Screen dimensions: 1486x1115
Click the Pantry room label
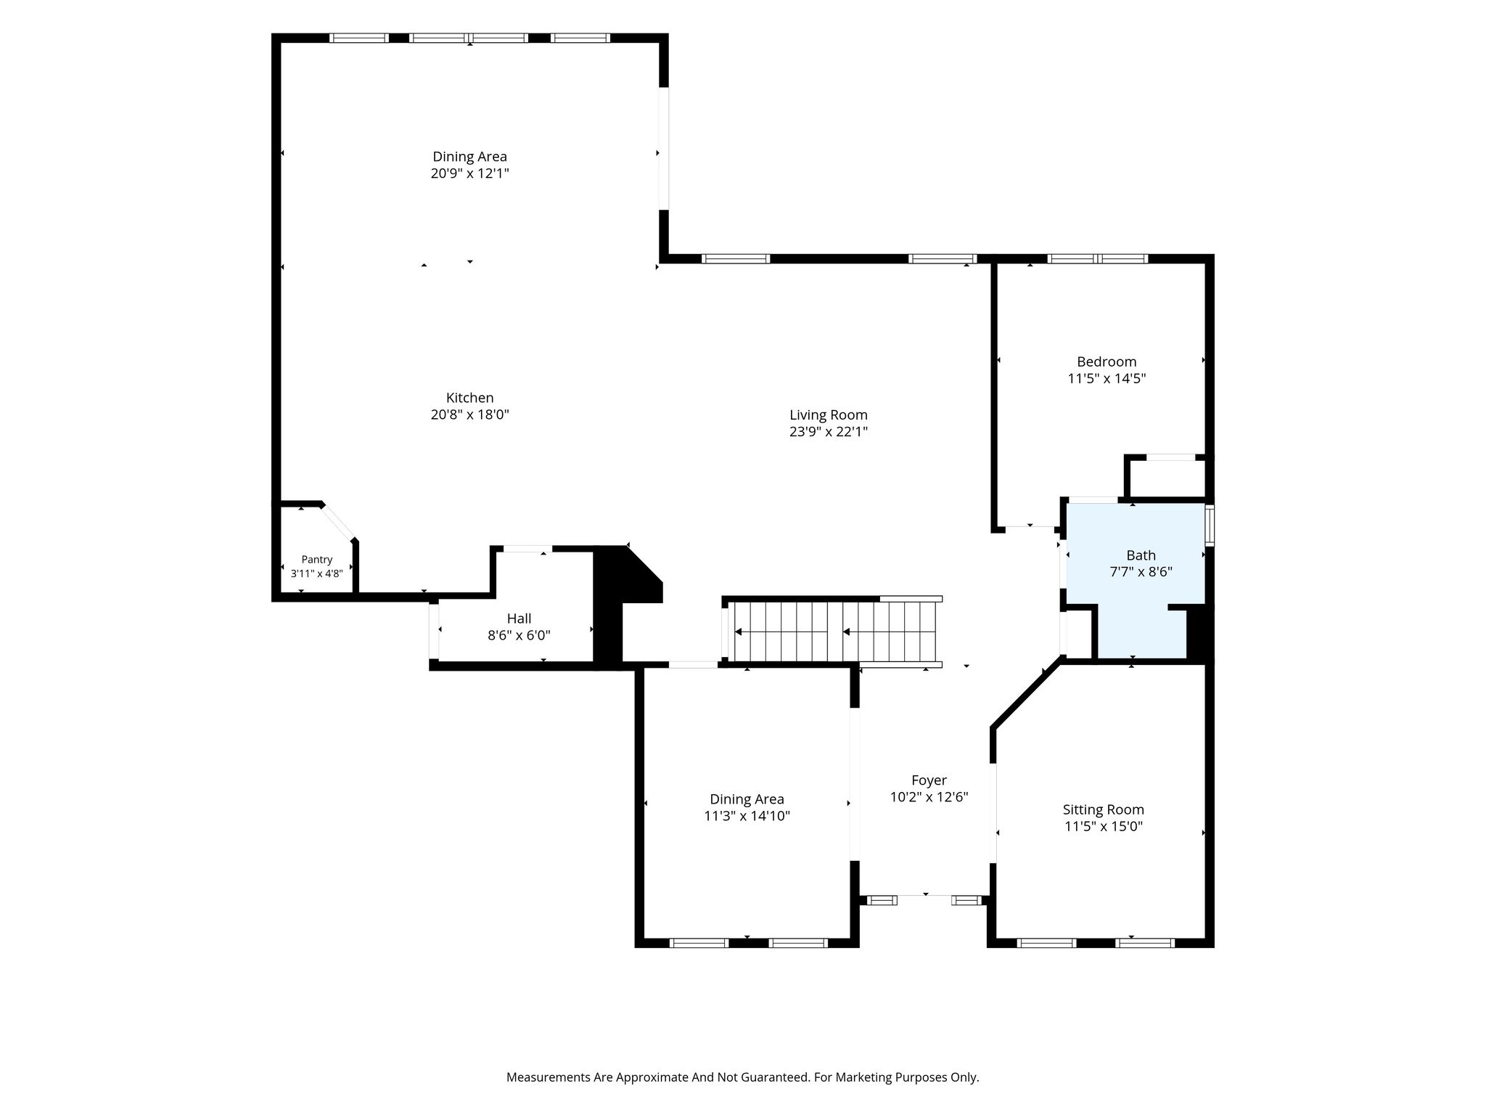317,560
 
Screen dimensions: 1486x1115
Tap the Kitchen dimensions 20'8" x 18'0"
470,415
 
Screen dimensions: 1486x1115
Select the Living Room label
829,415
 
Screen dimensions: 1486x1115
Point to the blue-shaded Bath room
1136,573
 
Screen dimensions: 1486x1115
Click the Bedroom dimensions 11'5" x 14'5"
1107,378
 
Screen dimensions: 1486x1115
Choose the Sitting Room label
1104,809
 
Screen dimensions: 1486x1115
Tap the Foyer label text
929,780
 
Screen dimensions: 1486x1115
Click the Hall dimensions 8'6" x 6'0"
519,636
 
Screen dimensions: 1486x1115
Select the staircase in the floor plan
832,632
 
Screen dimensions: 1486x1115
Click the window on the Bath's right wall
1210,525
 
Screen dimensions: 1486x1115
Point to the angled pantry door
338,520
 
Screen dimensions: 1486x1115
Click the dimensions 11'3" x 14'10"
747,816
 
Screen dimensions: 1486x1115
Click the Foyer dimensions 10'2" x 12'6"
929,797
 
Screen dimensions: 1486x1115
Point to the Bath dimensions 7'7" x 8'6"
1141,572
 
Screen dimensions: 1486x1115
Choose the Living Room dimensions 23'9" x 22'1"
829,432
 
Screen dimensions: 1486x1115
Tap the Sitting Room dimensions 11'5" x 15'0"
1104,826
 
